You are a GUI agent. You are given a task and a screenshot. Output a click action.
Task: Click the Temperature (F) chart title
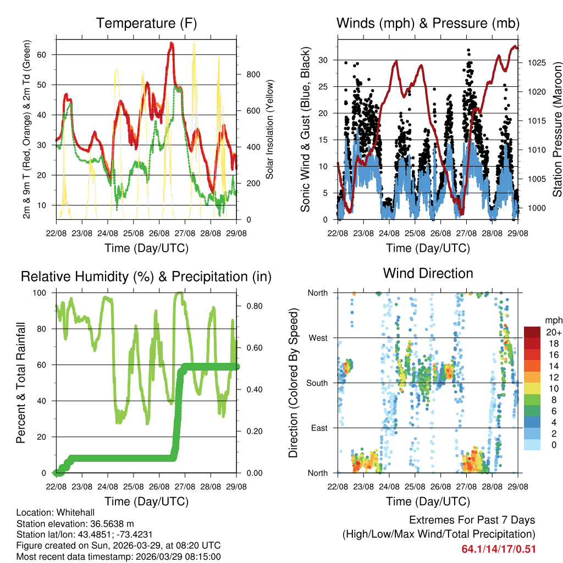(x=146, y=23)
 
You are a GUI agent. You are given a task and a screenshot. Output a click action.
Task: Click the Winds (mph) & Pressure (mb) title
(x=428, y=23)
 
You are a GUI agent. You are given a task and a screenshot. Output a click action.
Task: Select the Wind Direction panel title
(x=428, y=273)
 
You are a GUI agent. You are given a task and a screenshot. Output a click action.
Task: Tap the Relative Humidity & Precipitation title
(x=146, y=277)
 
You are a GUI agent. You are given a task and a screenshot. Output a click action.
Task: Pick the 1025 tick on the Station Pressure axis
(x=534, y=63)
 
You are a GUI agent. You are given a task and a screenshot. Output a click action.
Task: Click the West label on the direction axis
(x=318, y=338)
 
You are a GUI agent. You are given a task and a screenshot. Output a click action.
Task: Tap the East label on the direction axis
(x=319, y=428)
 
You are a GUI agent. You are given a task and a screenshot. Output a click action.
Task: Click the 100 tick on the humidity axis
(x=44, y=292)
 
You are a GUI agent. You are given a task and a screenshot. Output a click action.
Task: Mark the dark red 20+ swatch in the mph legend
(x=533, y=332)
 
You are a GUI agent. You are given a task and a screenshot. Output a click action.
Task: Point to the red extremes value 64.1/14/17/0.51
(x=499, y=549)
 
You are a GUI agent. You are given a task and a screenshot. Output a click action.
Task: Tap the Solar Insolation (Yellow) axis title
(x=270, y=129)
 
